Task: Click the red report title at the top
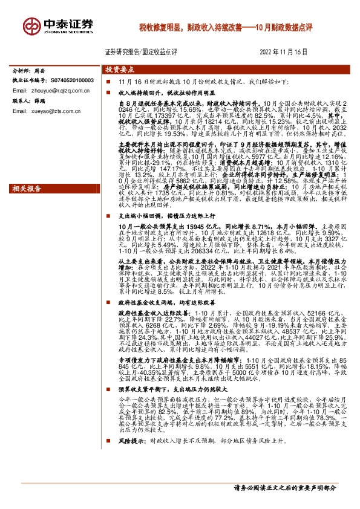click(x=224, y=27)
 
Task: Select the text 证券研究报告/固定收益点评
click(x=140, y=52)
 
